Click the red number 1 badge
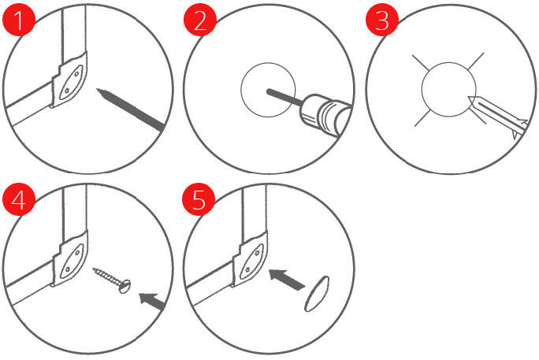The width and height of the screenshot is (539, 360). (x=19, y=20)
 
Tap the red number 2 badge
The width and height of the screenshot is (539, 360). (x=200, y=20)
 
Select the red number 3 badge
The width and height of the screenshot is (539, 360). (x=382, y=20)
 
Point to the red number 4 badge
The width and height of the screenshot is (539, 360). (x=19, y=199)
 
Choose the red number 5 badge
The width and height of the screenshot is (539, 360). (x=199, y=199)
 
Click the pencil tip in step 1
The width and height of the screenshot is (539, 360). (x=98, y=89)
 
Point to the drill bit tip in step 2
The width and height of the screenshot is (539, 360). (x=269, y=91)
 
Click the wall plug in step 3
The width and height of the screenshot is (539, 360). (x=496, y=116)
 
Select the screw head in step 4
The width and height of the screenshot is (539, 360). (x=125, y=287)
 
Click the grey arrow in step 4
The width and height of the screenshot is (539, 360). (x=152, y=302)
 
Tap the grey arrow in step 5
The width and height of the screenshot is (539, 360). (x=286, y=280)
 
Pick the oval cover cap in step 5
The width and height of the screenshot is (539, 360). (x=317, y=294)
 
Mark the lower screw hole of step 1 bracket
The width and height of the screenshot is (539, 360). (x=67, y=91)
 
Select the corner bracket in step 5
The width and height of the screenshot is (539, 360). (x=250, y=259)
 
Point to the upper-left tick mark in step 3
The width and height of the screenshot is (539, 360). (x=420, y=61)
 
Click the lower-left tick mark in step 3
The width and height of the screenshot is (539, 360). (x=422, y=118)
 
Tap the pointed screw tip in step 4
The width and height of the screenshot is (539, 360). (x=94, y=269)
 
